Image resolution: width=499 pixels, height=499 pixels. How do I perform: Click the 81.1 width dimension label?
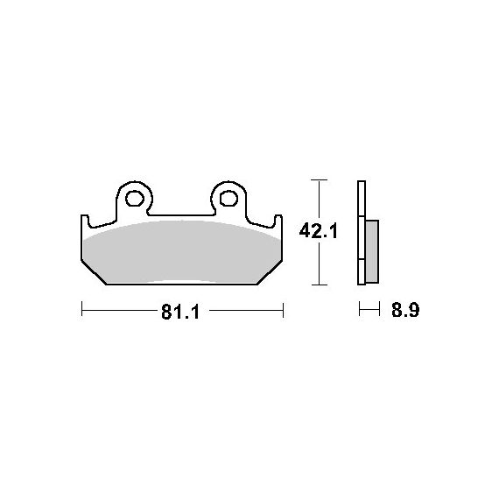coord(180,312)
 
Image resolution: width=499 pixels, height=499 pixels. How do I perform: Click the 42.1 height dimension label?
coord(319,231)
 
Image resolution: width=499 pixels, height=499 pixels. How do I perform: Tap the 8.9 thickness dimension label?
coord(405,310)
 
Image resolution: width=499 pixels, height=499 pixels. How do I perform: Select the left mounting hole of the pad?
coord(135,199)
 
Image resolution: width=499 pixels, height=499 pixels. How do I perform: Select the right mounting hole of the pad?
coord(228,199)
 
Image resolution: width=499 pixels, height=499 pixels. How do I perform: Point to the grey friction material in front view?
coord(181,251)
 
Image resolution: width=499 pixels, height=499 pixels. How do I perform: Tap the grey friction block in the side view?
coord(372,251)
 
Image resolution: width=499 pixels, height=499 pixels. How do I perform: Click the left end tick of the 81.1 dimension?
coord(81,309)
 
